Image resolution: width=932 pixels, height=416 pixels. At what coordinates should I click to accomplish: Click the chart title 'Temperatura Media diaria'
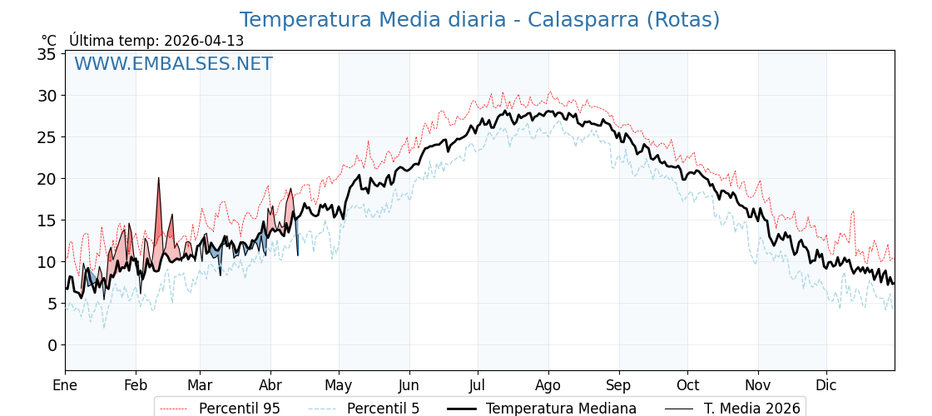coord(372,20)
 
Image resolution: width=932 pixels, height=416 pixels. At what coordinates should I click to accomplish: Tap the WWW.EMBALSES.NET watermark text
coord(173,64)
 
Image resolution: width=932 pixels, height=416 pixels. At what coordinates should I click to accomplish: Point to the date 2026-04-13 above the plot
coord(204,41)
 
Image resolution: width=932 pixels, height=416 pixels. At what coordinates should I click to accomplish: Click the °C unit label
coord(49,41)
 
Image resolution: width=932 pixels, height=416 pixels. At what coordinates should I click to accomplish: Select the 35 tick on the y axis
coord(47,54)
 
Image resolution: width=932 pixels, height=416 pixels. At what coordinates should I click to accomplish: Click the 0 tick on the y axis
coord(52,345)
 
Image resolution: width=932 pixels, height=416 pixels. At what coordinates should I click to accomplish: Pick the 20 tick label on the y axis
coord(47,179)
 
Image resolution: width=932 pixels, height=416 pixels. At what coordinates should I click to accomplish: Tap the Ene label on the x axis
coord(65,385)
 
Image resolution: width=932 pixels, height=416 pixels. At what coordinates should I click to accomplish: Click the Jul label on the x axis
coord(478,385)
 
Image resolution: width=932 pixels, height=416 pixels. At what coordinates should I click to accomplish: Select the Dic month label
coord(826,385)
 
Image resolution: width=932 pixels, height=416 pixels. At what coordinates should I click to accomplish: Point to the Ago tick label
coord(548,385)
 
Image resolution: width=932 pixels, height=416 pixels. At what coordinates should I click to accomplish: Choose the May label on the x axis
coord(339,385)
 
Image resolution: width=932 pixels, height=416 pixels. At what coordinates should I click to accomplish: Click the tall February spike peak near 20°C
coord(158,179)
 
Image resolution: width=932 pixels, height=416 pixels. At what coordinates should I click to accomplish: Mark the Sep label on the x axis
coord(619,385)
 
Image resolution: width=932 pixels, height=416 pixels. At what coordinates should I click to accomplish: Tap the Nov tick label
coord(758,385)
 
